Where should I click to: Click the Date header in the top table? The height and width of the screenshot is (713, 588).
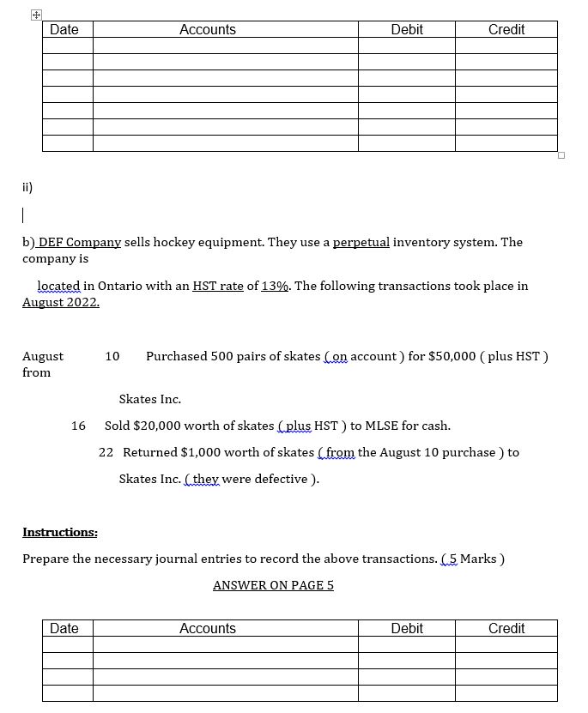(64, 30)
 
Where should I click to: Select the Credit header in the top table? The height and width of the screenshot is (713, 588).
(506, 30)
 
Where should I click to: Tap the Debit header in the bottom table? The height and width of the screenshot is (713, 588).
(406, 629)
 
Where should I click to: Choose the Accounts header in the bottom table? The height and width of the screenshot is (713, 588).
(207, 629)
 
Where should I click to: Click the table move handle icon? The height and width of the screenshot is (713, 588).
(35, 15)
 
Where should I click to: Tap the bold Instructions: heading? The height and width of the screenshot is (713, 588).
(60, 532)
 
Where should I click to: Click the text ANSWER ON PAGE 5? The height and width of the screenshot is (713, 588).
(273, 585)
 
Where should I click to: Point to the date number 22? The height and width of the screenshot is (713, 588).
(106, 452)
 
